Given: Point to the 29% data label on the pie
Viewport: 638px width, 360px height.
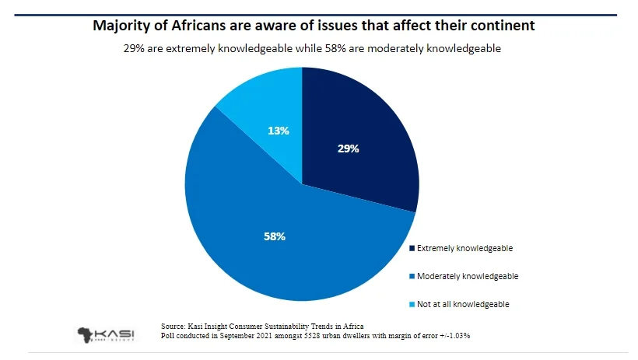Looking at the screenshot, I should tap(348, 148).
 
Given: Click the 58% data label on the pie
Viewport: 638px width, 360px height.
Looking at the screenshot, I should tap(274, 236).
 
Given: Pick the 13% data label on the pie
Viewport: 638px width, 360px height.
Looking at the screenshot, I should tap(278, 131).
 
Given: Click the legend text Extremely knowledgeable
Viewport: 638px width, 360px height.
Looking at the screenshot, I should tap(465, 248).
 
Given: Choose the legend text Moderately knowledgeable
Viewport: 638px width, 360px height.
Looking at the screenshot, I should tap(468, 276).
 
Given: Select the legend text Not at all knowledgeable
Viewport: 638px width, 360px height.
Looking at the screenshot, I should tap(464, 304).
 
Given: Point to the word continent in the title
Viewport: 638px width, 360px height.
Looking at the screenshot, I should tap(503, 26).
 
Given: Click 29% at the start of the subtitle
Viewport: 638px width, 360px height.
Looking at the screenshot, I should tap(134, 48).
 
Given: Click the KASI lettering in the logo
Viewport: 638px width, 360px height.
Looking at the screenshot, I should tap(117, 333).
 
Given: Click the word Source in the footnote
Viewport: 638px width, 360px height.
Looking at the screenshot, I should tap(174, 325).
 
